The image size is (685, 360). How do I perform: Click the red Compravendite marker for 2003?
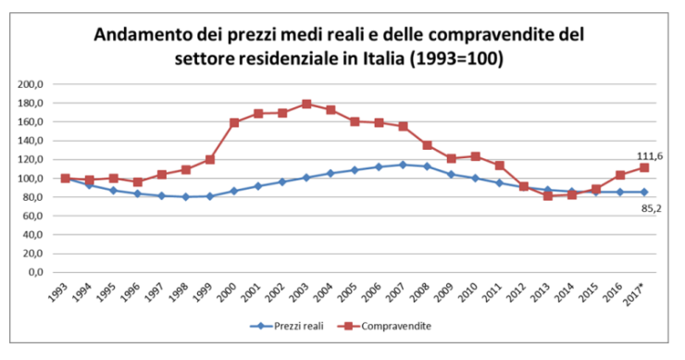click(306, 104)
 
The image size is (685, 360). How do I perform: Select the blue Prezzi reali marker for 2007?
click(403, 165)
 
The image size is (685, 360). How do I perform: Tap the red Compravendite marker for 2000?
click(234, 122)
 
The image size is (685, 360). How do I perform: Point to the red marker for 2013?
click(547, 196)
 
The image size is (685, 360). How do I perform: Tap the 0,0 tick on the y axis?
click(36, 273)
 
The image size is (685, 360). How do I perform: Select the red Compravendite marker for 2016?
click(619, 175)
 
